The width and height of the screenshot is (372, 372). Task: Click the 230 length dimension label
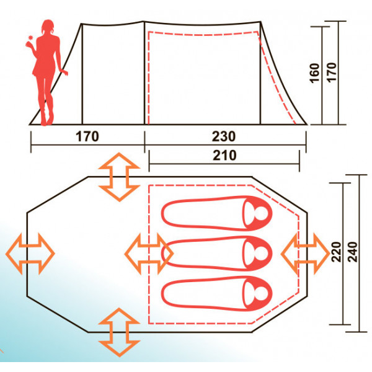(224, 136)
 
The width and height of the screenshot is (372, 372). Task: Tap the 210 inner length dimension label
(224, 156)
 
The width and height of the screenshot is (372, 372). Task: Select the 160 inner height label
(315, 73)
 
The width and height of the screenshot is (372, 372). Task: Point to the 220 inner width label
(336, 252)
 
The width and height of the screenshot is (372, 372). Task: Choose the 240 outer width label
(352, 252)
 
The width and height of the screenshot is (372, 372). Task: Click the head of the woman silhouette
(48, 27)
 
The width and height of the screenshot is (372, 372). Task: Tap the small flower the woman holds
(30, 37)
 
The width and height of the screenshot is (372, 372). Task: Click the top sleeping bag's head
(258, 213)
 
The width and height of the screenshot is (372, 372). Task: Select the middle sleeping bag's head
(258, 254)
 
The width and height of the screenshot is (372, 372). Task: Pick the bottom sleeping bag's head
(258, 294)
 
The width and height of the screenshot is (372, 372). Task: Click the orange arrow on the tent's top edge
(119, 177)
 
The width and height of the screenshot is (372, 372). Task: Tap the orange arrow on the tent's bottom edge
(119, 332)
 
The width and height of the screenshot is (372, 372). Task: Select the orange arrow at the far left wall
(30, 254)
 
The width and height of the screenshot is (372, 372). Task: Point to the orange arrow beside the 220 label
(305, 254)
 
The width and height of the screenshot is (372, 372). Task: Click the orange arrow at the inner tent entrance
(149, 254)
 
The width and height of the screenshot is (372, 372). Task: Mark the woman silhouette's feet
(46, 120)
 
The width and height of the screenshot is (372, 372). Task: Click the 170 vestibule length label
(87, 136)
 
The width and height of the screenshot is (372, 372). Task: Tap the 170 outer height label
(332, 73)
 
